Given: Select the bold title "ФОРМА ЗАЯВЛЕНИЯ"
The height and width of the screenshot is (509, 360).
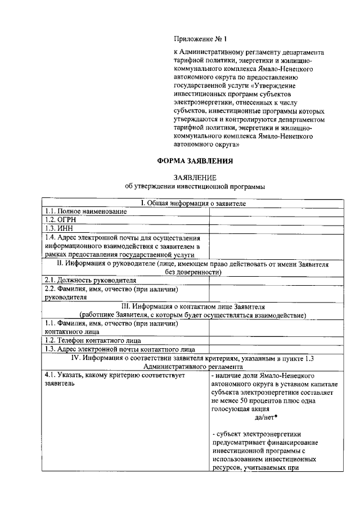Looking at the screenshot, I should click(x=195, y=161).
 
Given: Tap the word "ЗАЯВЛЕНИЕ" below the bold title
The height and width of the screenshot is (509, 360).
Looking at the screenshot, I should click(x=195, y=177).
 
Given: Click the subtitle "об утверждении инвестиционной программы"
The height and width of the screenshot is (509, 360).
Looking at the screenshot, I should click(x=195, y=186).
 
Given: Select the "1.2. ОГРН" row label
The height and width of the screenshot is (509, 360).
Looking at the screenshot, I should click(x=59, y=220).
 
